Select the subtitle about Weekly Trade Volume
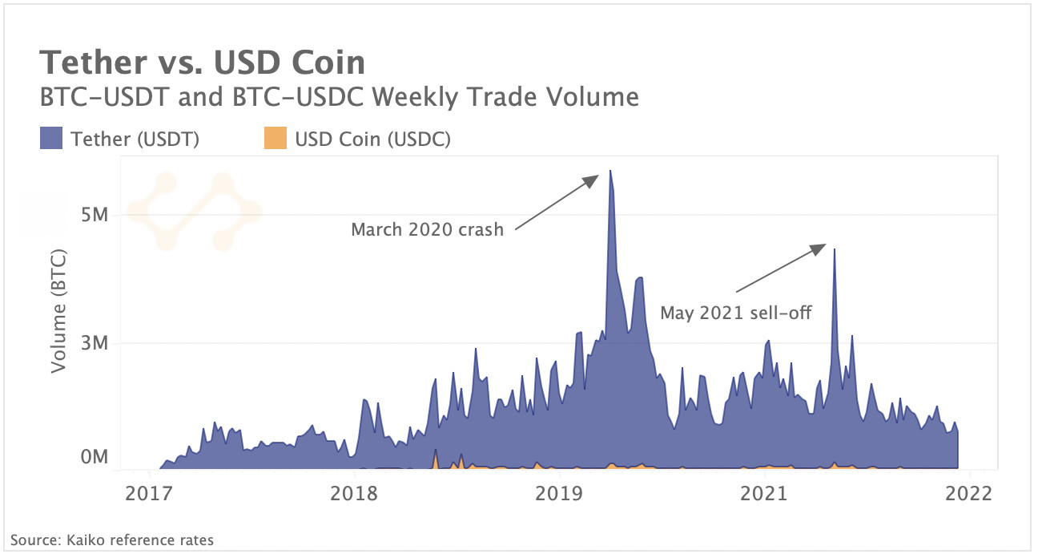coord(339,98)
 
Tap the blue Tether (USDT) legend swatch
coord(51,139)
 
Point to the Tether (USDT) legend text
coord(135,139)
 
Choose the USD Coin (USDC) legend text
coord(372,139)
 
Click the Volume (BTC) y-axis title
coord(58,312)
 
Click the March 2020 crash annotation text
coord(427,230)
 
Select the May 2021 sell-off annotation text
coord(735,313)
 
